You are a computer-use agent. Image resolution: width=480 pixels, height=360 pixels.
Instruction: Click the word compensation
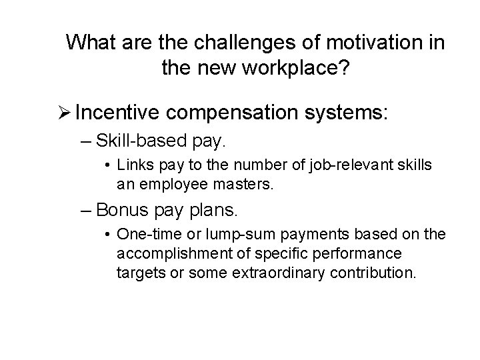233,111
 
